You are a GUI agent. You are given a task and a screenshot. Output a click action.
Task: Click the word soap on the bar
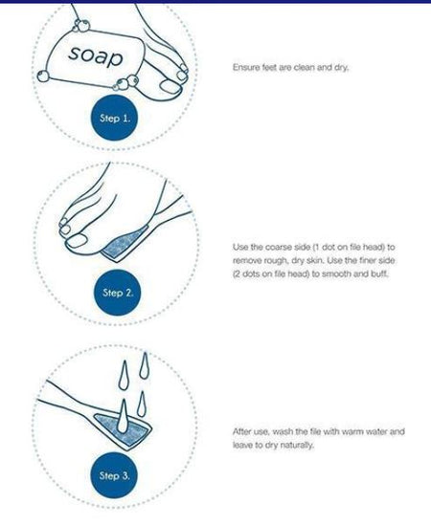(96, 56)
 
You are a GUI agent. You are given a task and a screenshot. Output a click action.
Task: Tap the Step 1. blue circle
(115, 118)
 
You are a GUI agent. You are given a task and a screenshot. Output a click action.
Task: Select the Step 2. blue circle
(118, 293)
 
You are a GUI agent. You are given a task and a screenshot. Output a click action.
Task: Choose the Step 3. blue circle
(114, 475)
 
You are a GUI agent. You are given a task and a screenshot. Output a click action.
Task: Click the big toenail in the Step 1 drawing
(170, 86)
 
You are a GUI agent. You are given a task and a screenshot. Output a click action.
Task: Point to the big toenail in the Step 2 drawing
(77, 240)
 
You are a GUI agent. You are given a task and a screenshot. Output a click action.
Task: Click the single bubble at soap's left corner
(42, 76)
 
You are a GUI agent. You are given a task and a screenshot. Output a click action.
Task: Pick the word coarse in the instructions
(278, 247)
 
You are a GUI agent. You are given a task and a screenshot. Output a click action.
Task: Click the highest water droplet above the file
(145, 365)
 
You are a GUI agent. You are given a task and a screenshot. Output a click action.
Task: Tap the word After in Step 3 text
(241, 431)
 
